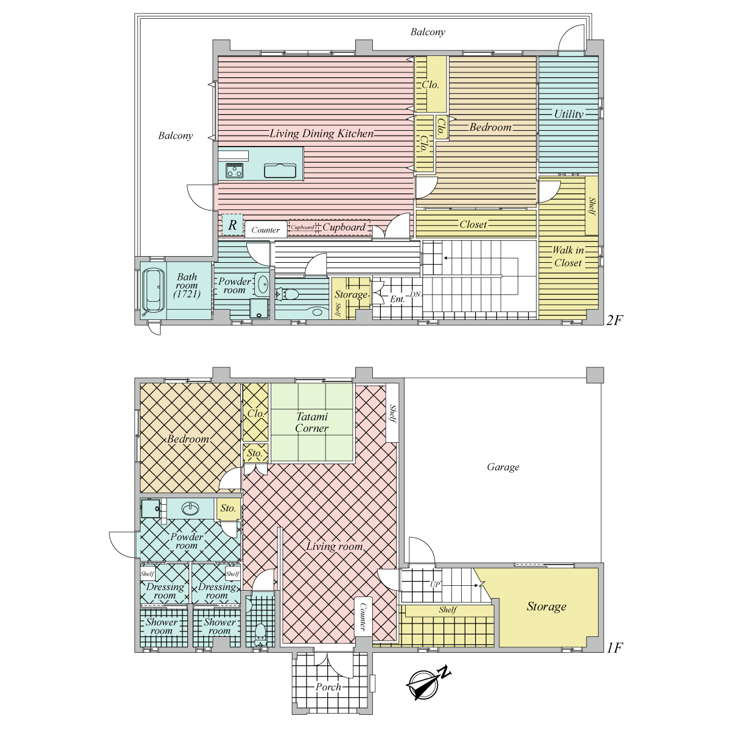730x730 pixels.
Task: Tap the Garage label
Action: [503, 467]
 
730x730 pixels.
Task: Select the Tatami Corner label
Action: [312, 422]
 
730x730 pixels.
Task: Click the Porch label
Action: [328, 687]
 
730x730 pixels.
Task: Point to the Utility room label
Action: [569, 114]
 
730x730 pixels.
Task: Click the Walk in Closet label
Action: [568, 257]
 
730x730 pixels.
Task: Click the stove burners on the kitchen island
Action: [234, 170]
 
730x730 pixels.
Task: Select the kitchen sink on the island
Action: [280, 171]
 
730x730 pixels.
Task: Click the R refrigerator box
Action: [232, 224]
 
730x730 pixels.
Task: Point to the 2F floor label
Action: [614, 321]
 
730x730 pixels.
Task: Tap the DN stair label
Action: [415, 294]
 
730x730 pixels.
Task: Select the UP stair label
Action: [434, 585]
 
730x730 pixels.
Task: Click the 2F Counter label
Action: [266, 230]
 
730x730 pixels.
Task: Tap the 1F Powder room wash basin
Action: [190, 509]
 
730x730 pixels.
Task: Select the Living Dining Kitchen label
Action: [322, 133]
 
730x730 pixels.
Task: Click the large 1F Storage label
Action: [547, 607]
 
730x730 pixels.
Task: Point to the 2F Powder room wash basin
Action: [262, 283]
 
